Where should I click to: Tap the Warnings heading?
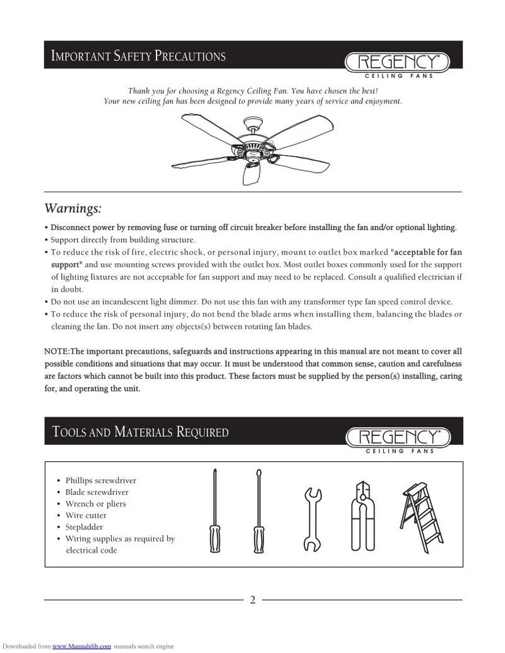pyautogui.click(x=73, y=209)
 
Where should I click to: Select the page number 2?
pyautogui.click(x=252, y=599)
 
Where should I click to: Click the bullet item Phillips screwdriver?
pyautogui.click(x=101, y=480)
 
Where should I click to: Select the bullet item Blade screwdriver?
pyautogui.click(x=97, y=492)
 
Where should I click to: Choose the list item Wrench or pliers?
pyautogui.click(x=96, y=504)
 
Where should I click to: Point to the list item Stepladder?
pyautogui.click(x=85, y=527)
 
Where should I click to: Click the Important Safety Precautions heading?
pyautogui.click(x=138, y=56)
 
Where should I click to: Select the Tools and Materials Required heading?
pyautogui.click(x=140, y=432)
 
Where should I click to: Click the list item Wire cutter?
pyautogui.click(x=86, y=516)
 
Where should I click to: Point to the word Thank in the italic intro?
pyautogui.click(x=140, y=91)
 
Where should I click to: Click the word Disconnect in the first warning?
pyautogui.click(x=73, y=228)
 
